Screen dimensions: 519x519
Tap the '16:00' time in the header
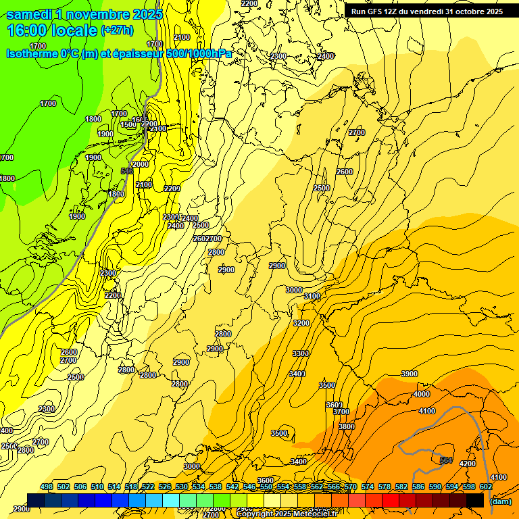click(25, 30)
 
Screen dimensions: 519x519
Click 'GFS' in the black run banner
click(378, 11)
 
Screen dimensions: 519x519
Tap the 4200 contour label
click(467, 464)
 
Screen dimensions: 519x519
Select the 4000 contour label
click(421, 394)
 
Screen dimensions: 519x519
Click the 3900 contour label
click(409, 374)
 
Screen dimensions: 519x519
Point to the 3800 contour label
click(346, 426)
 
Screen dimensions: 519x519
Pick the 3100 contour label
click(312, 296)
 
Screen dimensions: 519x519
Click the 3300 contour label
click(300, 353)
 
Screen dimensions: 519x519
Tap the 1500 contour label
click(128, 125)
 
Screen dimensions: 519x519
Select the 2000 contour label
click(141, 164)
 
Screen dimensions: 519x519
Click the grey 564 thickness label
click(445, 460)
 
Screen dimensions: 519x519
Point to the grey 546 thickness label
click(126, 171)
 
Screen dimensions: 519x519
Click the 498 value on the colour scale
click(46, 487)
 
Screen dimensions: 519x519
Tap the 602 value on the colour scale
click(485, 487)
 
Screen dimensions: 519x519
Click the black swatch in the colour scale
click(475, 500)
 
